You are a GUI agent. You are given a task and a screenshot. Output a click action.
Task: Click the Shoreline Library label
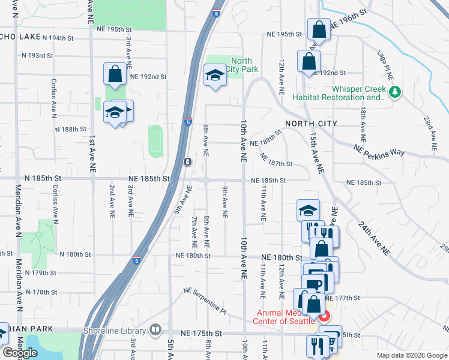tap(120, 331)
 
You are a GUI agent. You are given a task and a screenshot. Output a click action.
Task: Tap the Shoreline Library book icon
tap(155, 330)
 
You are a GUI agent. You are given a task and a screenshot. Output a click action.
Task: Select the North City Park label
tap(241, 65)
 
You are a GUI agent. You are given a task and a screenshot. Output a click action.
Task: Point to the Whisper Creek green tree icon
tap(394, 92)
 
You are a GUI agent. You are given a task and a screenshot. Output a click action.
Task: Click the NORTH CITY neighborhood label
tap(311, 123)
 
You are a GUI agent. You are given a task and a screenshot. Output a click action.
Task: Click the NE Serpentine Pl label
tap(205, 302)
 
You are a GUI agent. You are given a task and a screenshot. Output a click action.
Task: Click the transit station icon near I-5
tap(188, 162)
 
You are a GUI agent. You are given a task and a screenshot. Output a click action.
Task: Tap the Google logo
tap(20, 353)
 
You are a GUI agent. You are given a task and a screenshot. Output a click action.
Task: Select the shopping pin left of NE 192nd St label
tap(114, 74)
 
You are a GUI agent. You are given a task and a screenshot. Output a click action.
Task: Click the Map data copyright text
tap(412, 355)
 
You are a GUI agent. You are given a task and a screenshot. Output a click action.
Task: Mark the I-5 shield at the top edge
tap(215, 13)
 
